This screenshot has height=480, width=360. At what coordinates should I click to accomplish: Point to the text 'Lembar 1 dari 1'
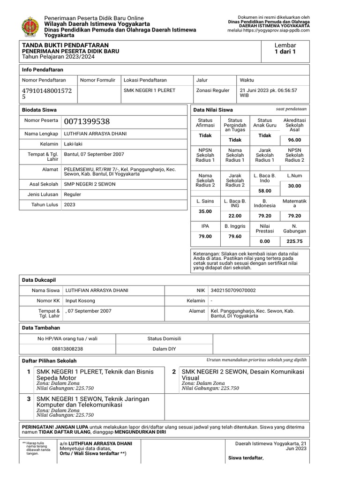coord(285,48)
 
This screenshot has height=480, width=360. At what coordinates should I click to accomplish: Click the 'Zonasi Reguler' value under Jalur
coord(213,90)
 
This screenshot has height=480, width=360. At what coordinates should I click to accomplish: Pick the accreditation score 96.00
coord(294,140)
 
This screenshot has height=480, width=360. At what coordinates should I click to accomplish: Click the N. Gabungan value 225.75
coord(294,241)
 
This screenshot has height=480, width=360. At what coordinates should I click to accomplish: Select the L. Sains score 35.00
coord(205,211)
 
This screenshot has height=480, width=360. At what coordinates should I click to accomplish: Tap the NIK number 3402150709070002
coord(234,291)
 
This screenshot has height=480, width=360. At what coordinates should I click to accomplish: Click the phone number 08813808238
coord(67,349)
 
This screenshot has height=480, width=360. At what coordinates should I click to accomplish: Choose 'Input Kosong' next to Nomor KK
coord(80,300)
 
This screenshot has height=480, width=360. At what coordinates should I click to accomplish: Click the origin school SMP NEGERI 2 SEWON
coord(90,184)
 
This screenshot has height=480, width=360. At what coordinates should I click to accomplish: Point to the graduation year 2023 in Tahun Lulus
coord(69,204)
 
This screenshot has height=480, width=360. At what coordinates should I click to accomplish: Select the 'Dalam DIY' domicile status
coord(164,349)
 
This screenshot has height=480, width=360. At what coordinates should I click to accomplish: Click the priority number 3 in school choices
coord(29,398)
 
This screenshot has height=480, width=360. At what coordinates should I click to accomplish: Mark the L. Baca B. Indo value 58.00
coord(265,191)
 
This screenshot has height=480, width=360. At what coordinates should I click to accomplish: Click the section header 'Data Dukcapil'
coord(39,280)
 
